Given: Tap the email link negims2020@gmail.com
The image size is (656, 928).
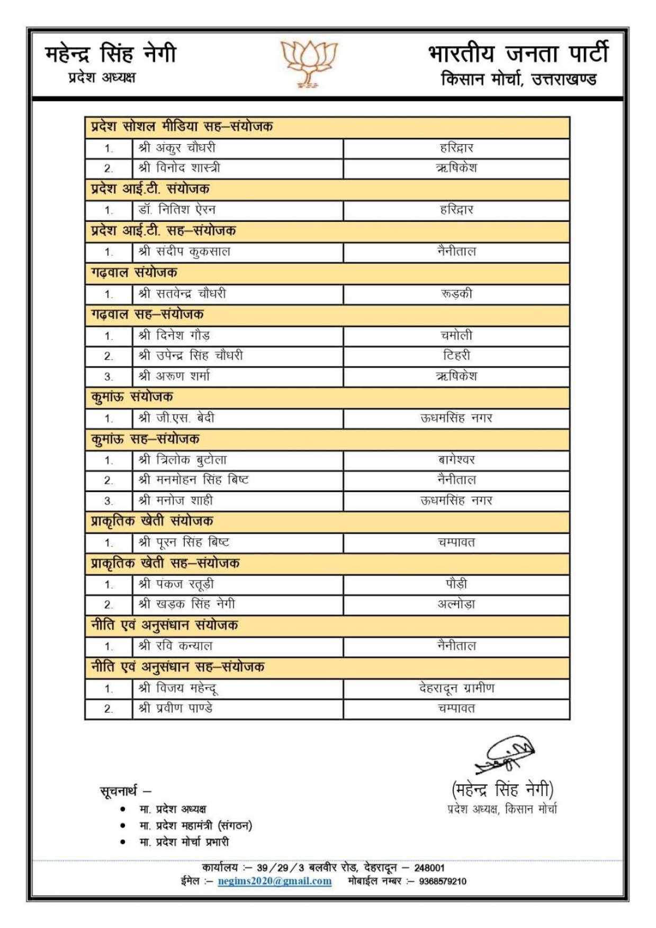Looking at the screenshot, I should coord(274,881).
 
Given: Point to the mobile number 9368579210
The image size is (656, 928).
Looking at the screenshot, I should coord(443,881).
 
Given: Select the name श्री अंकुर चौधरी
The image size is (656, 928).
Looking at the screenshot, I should coord(177,148).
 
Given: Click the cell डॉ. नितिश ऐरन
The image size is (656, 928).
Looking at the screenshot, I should coord(177,210).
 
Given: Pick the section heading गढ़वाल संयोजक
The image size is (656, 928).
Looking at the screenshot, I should coord(134,273).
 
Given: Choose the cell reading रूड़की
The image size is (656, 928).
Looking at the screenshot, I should coord(456,293).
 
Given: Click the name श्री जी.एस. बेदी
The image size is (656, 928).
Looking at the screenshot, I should coord(176,418).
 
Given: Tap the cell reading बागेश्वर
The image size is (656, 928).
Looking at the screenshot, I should coord(456,460).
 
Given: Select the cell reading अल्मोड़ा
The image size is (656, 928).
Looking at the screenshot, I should coord(456,604).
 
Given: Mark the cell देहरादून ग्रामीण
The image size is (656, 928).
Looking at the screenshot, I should coord(456,688).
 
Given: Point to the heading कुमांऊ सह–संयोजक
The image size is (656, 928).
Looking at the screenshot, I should coord(145,439).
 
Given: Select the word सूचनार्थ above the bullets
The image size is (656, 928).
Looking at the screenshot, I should coord(119,791).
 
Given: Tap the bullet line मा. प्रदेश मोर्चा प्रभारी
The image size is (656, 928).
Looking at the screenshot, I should coord(184,842).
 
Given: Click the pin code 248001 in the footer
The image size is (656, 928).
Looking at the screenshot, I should coord(429,868).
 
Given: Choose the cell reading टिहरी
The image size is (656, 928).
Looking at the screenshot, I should coord(456,355).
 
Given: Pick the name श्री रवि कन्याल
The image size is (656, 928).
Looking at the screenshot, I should coord(175,646).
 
